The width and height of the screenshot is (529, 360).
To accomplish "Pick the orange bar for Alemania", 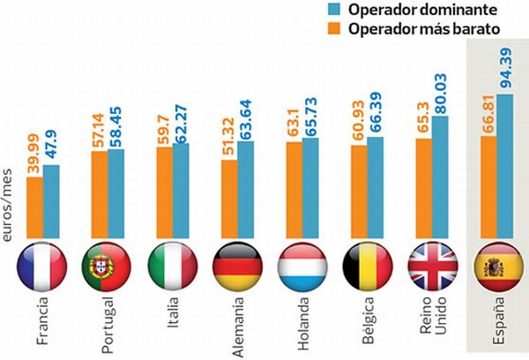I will pyautogui.click(x=229, y=195).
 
